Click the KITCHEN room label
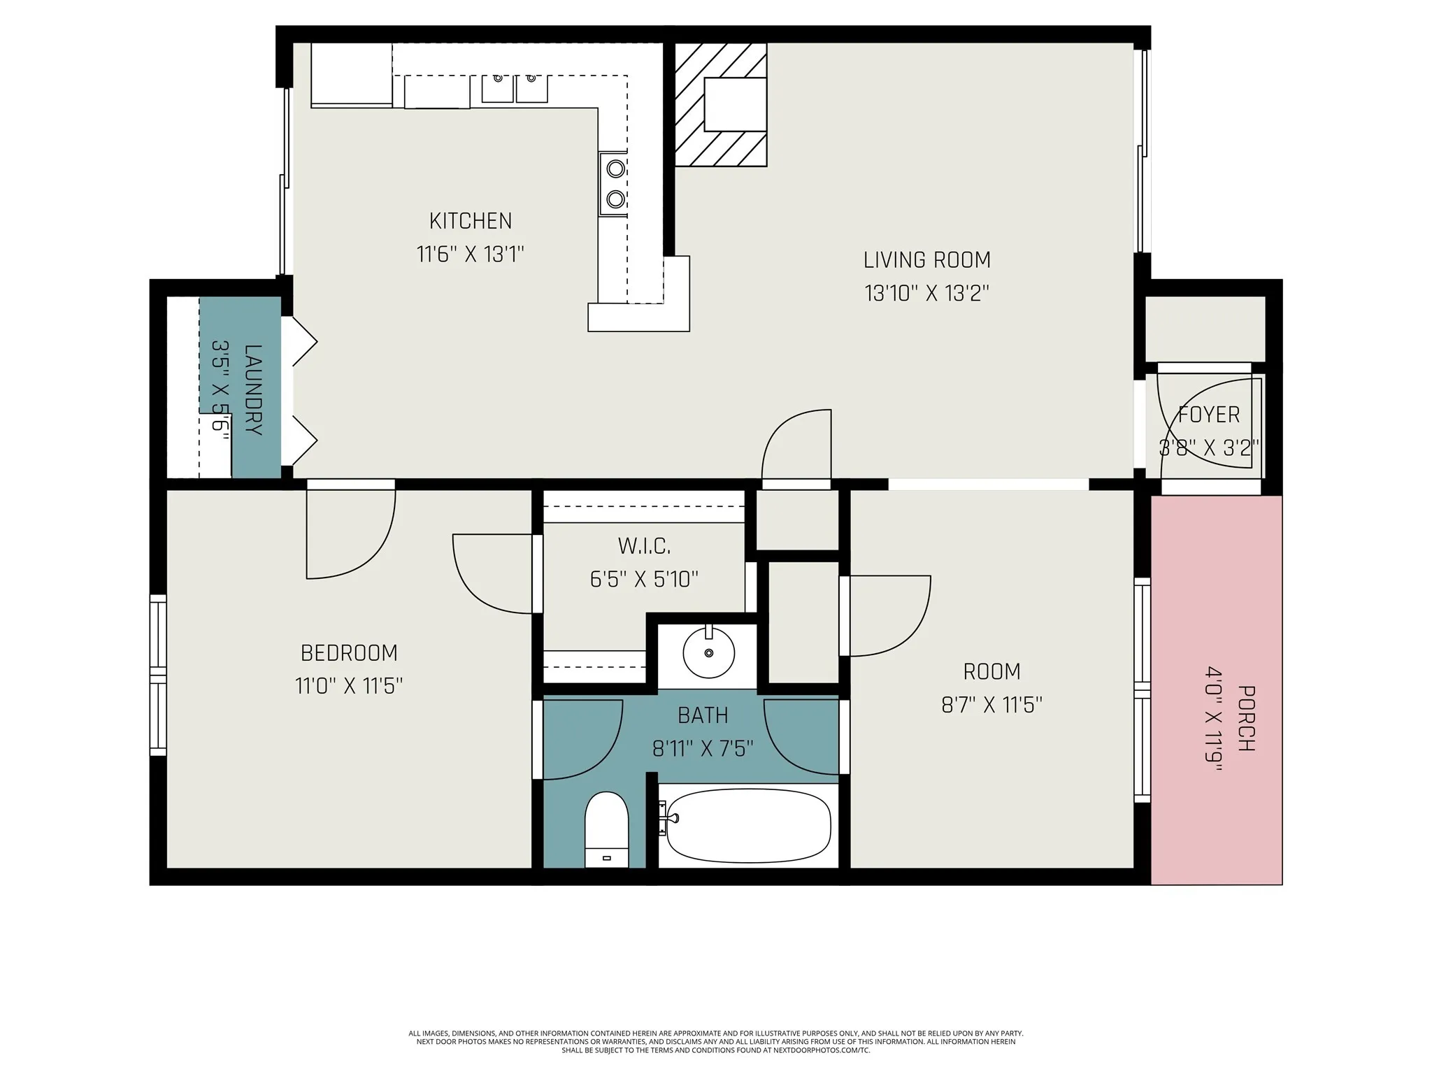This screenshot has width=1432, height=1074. (471, 221)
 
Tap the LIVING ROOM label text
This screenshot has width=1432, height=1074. (927, 260)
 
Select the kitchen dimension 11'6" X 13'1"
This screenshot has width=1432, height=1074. (471, 254)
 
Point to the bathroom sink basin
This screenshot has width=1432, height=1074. (709, 652)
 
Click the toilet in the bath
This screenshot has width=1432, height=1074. (607, 830)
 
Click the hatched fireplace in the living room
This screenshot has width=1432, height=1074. (721, 105)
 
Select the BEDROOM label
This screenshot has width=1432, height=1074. (349, 653)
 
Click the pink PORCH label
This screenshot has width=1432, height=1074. (1246, 718)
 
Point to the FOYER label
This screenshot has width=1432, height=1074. (1209, 415)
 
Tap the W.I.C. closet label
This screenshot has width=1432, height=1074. (644, 545)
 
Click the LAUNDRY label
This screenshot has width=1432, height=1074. (253, 389)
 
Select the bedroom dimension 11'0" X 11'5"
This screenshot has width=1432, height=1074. (349, 686)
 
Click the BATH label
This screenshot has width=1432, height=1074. (703, 715)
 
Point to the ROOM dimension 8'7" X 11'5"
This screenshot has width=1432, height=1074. (991, 705)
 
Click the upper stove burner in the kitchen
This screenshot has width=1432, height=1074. (615, 169)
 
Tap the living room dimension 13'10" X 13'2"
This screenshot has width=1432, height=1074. (927, 293)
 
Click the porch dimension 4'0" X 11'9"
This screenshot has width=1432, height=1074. (1213, 719)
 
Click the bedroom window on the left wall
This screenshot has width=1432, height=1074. (159, 675)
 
